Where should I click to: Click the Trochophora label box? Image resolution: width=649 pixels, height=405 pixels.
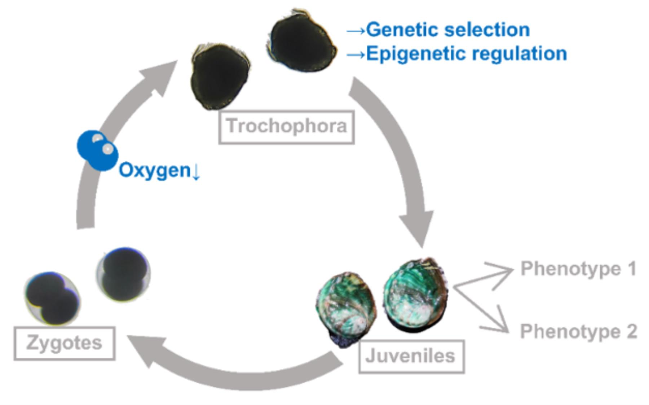286,127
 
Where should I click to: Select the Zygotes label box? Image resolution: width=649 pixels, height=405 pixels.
65,343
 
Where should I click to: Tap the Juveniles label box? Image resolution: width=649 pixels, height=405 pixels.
411,356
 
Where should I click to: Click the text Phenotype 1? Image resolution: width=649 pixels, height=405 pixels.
578,269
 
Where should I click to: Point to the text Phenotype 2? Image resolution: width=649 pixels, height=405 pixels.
578,331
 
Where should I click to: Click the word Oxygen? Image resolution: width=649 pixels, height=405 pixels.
155,170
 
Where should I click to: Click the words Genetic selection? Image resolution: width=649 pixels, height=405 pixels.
448,30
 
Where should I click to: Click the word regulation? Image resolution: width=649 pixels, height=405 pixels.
519,53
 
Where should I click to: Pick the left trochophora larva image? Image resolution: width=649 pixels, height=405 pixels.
219,76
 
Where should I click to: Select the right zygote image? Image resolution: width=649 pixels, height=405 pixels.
123,274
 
